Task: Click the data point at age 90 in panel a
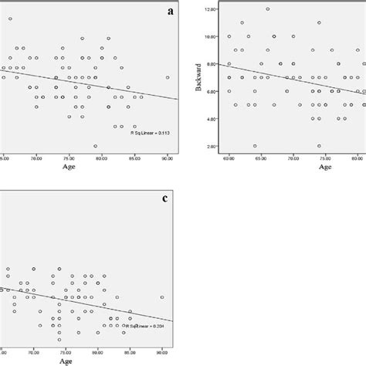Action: point(167,77)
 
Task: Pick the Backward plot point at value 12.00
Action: point(267,9)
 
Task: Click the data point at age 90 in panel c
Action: point(161,297)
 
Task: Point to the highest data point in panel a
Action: point(10,18)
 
